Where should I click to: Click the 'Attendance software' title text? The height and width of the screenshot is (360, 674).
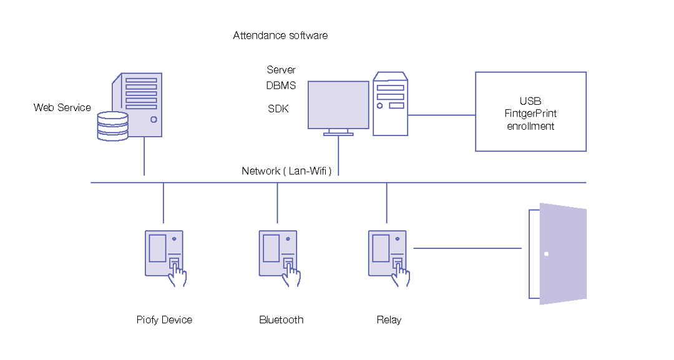[x=280, y=36]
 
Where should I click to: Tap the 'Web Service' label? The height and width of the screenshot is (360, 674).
[x=62, y=107]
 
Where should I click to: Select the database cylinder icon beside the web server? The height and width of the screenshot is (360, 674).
[x=113, y=126]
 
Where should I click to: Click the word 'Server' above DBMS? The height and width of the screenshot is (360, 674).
[x=281, y=70]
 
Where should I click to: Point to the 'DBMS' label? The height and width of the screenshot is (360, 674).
[x=281, y=85]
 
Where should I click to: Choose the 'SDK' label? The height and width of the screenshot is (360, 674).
[x=278, y=109]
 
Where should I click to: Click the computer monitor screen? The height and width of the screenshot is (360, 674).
[x=339, y=105]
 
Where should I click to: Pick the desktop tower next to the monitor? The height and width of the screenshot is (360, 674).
[x=390, y=104]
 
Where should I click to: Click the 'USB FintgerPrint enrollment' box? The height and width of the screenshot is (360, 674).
[x=530, y=112]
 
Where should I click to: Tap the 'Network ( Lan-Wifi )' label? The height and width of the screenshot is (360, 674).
[x=286, y=171]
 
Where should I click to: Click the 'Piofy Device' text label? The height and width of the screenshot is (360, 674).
[x=164, y=320]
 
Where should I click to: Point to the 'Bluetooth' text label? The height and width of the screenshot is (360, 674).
[x=281, y=320]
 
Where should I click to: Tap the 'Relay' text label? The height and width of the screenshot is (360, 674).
[x=389, y=320]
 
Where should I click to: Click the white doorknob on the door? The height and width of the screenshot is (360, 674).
[x=546, y=254]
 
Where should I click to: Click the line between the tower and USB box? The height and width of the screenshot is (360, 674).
[x=441, y=115]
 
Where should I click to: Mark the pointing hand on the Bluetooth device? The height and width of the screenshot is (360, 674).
[x=291, y=275]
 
